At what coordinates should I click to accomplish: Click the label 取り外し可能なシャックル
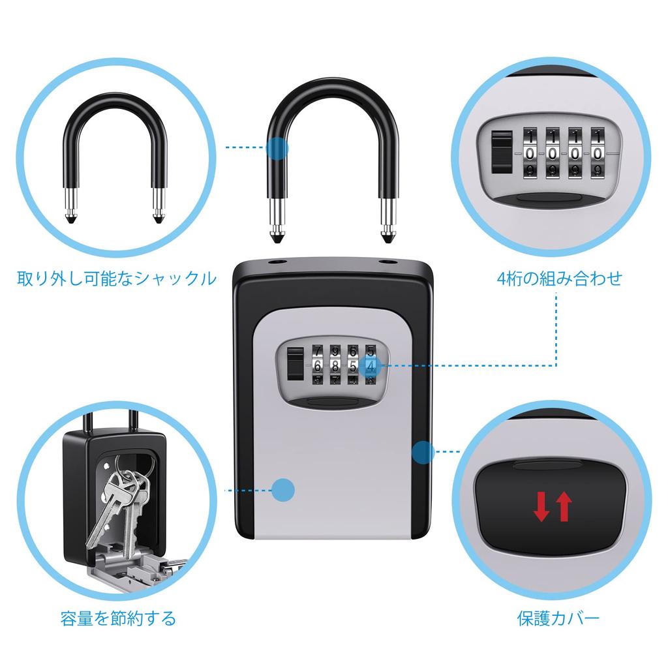point(116,279)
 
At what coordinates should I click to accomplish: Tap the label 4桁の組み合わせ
point(559,279)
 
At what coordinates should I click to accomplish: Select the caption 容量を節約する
point(118,618)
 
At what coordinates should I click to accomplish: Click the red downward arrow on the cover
point(541,507)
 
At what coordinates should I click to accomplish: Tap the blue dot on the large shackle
point(277,148)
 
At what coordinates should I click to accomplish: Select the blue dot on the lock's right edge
point(423,451)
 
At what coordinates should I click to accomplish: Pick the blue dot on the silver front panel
point(283,490)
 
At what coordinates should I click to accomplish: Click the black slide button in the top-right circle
point(501,152)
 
